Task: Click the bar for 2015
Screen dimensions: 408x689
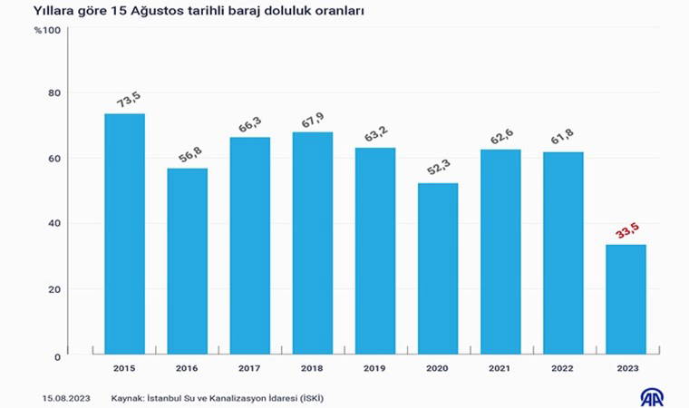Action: coord(124,233)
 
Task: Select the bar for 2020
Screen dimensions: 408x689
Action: coord(438,268)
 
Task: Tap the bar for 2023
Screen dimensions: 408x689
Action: coord(626,299)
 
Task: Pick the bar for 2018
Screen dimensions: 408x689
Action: coord(313,243)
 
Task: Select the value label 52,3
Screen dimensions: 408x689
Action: coord(437,168)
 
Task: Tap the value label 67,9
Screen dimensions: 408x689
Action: coord(313,117)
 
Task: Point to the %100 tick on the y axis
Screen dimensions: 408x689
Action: coord(47,31)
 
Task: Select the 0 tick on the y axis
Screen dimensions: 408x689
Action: coord(56,357)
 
